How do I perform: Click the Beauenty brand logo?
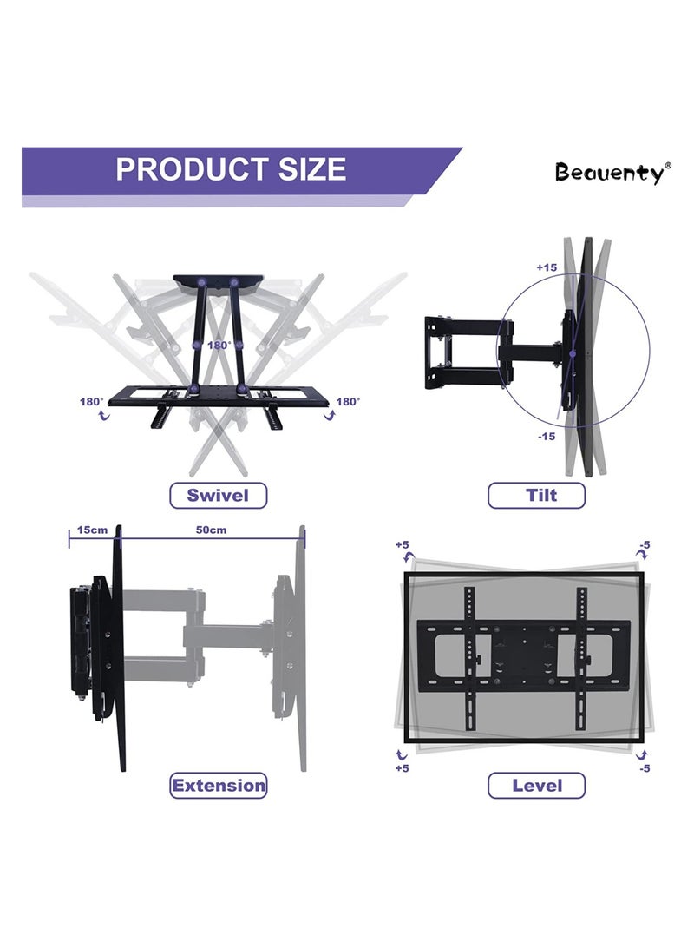point(612,172)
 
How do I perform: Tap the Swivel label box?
point(218,496)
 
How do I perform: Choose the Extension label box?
point(218,786)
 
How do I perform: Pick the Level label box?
point(536,786)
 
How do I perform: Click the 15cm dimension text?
point(91,530)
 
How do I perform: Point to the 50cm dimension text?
point(211,530)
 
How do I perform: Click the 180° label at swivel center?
point(218,346)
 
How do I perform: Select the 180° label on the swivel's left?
point(91,401)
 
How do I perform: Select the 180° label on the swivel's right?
point(347,401)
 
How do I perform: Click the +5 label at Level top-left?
point(402,544)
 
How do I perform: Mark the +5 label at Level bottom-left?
point(402,768)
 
